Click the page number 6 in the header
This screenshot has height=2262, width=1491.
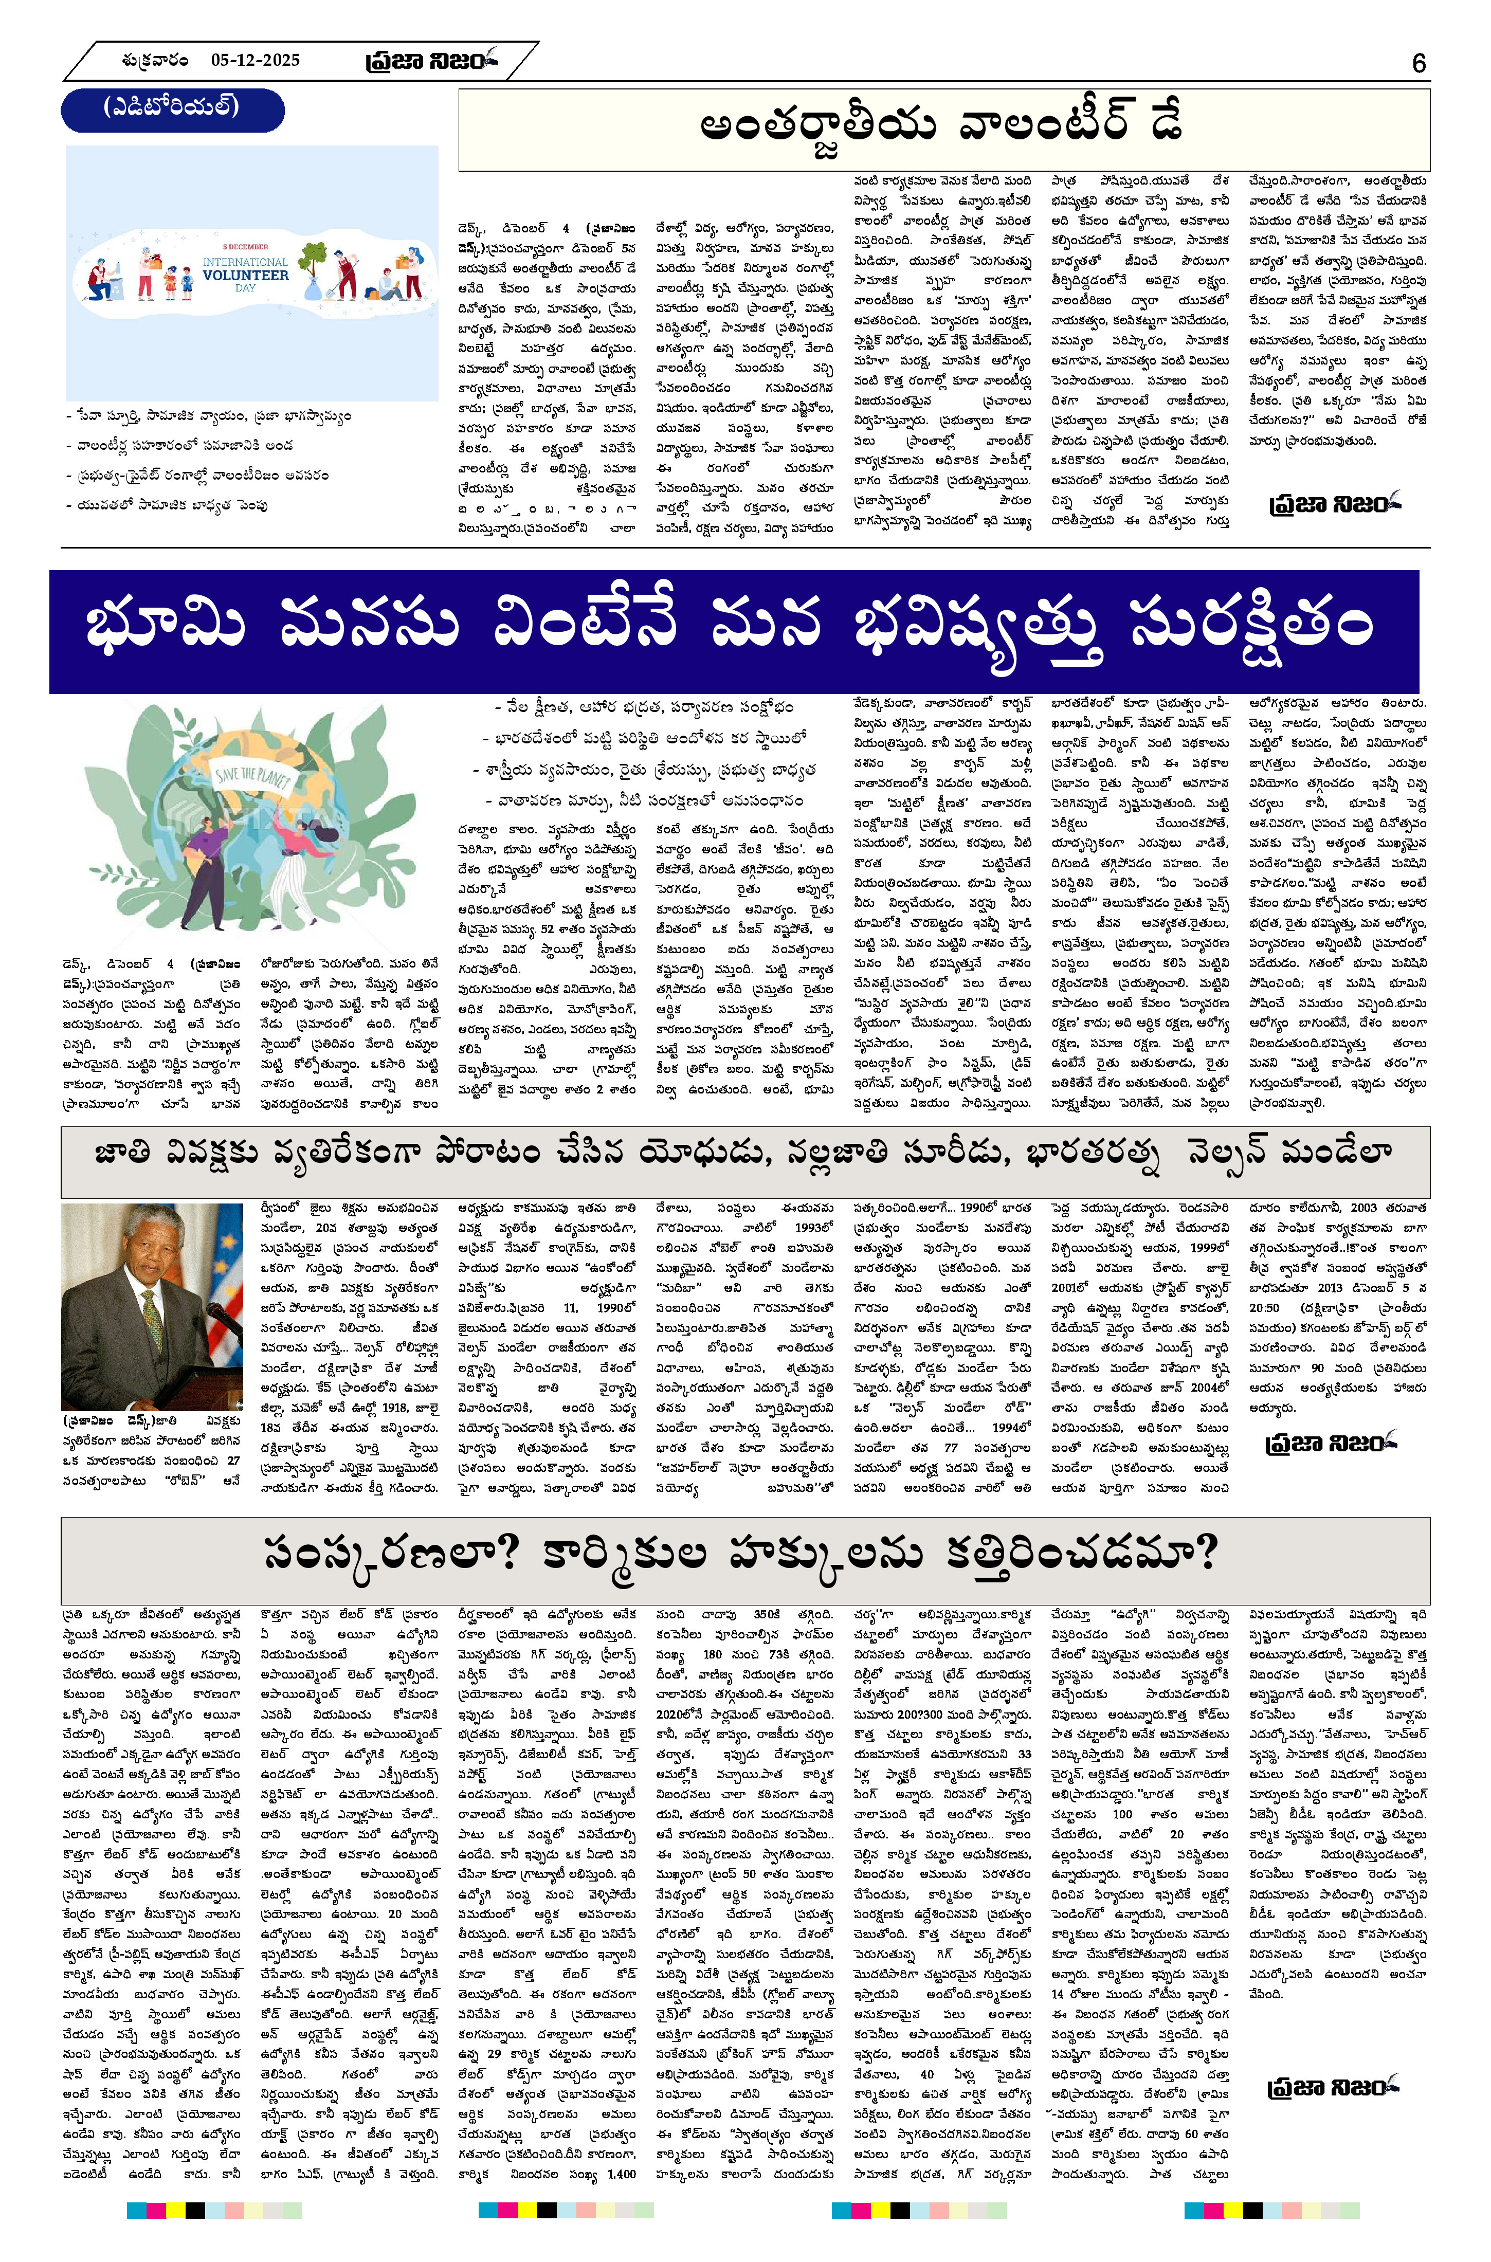point(1419,63)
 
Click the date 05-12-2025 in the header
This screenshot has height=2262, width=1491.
point(255,60)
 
